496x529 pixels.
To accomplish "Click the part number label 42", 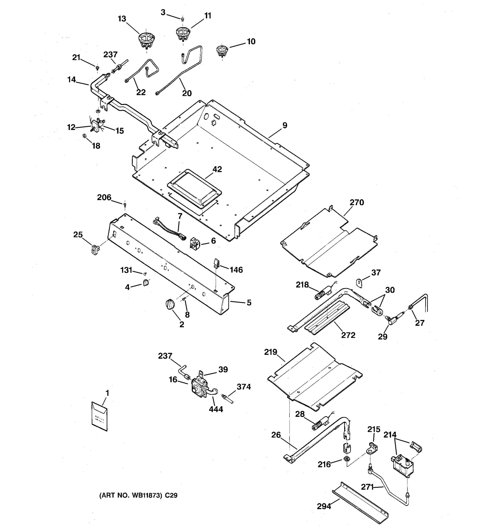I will pos(217,169).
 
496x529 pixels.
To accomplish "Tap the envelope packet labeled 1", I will pos(99,416).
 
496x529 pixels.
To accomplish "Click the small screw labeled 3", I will pos(183,19).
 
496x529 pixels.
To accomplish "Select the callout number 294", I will pos(324,506).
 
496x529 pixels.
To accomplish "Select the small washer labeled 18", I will pos(84,136).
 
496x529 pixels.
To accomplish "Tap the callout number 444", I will pos(216,409).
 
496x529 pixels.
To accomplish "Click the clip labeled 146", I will pos(216,263).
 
